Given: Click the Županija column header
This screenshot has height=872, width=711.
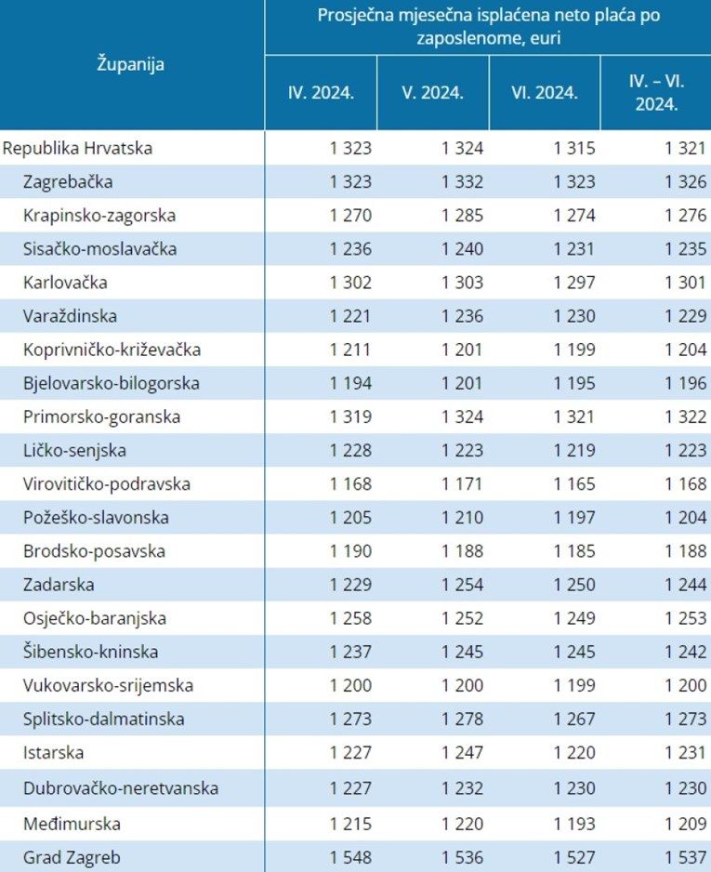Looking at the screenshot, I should tap(131, 65).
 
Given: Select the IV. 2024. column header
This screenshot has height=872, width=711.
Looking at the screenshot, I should tap(321, 93).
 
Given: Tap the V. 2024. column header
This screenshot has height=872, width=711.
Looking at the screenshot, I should tap(432, 93).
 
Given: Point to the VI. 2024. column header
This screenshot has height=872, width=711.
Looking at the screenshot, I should tap(545, 93).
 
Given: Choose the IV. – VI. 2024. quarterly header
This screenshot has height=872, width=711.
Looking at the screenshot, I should tap(656, 93).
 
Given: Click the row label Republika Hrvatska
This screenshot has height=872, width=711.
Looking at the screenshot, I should tap(78, 148).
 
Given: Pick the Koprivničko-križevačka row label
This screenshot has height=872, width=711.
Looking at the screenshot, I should tap(112, 350).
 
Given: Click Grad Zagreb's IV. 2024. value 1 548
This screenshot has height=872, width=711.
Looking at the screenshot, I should tap(350, 856).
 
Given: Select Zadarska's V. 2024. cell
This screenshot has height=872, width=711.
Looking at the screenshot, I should tap(462, 585).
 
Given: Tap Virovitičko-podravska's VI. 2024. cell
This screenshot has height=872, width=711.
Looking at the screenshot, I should tap(574, 484).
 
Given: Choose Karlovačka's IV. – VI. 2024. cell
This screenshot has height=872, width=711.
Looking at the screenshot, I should tap(686, 283).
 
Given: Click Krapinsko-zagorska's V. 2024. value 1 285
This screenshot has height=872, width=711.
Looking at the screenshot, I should tap(462, 216).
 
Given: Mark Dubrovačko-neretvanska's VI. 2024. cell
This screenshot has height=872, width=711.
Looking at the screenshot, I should tap(574, 788).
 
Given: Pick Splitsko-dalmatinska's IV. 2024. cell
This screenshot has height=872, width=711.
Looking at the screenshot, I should tap(350, 719).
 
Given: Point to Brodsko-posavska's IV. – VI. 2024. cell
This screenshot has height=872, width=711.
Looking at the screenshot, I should tap(686, 551).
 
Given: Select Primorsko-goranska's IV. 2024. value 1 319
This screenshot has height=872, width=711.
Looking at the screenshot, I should tap(350, 417).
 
